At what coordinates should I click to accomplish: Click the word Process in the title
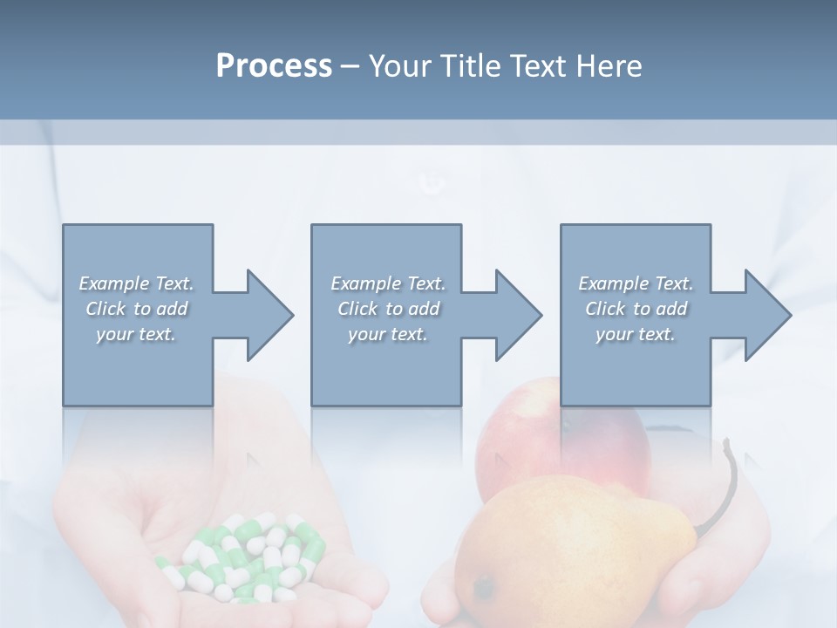274,66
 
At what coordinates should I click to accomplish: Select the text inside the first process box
136,309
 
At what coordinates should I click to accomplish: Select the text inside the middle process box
387,309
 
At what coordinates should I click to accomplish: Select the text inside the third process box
636,309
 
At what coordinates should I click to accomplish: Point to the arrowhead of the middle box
518,315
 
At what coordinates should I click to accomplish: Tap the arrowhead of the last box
767,315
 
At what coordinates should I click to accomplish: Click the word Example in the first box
114,283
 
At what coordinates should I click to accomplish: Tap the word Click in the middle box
357,309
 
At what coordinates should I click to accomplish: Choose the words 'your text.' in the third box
636,334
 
